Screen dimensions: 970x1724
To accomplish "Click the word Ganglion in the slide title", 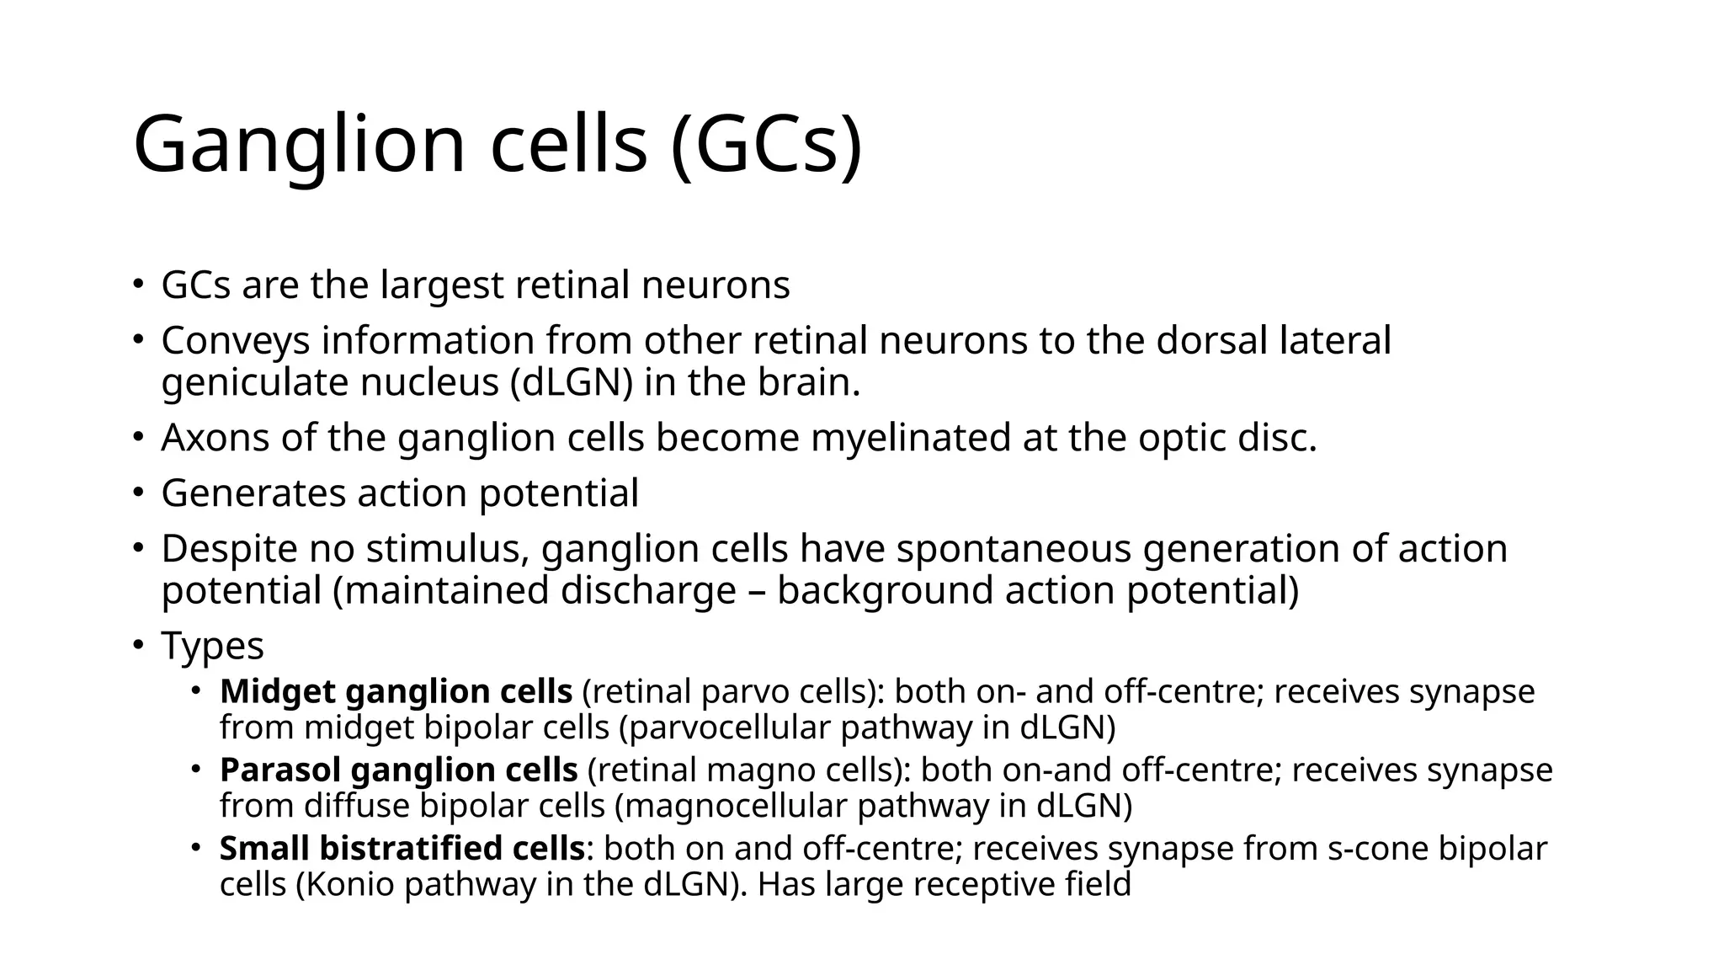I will coord(299,145).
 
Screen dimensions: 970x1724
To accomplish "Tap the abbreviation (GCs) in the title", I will coord(767,145).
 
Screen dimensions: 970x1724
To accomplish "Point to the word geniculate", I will coord(254,382).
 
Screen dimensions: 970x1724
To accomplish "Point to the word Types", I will coord(212,646).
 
